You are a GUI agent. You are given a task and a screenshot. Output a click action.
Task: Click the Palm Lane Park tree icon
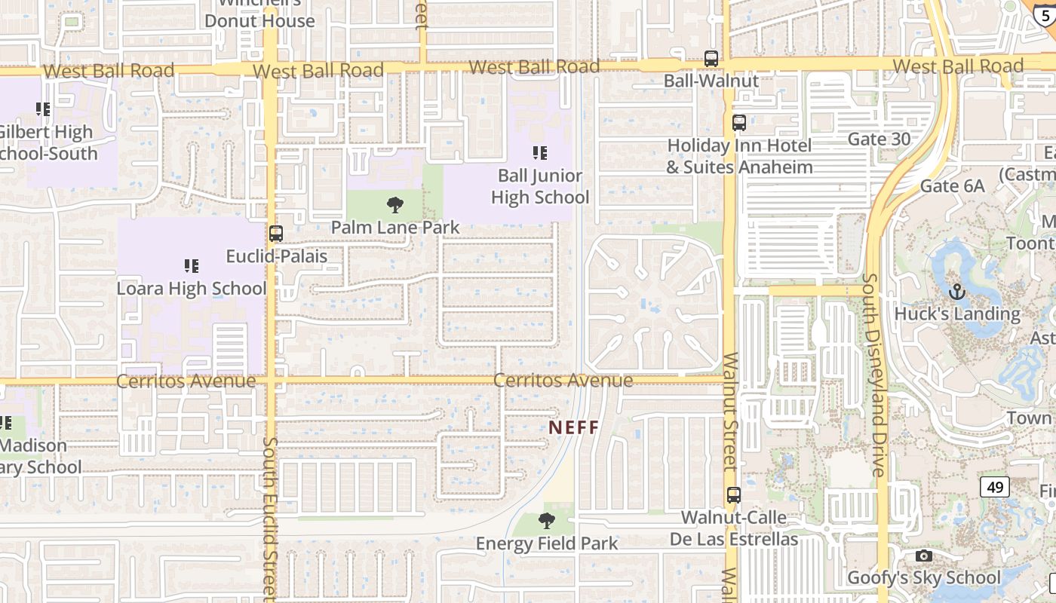pyautogui.click(x=394, y=204)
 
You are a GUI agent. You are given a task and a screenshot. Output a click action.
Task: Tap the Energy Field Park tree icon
pyautogui.click(x=547, y=521)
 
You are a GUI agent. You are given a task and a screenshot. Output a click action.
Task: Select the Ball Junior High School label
pyautogui.click(x=540, y=186)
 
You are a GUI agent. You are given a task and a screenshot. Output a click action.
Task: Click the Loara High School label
pyautogui.click(x=192, y=289)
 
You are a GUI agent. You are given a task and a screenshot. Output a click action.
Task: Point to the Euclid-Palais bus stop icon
pyautogui.click(x=276, y=234)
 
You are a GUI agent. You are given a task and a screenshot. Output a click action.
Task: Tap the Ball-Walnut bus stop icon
pyautogui.click(x=711, y=58)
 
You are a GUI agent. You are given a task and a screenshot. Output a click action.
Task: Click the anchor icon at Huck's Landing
pyautogui.click(x=956, y=291)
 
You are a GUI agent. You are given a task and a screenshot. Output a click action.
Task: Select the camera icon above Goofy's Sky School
pyautogui.click(x=924, y=556)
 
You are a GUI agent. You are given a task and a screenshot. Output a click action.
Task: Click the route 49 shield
pyautogui.click(x=995, y=487)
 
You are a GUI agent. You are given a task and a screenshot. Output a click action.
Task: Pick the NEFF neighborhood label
pyautogui.click(x=574, y=427)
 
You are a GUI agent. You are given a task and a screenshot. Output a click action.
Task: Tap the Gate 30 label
pyautogui.click(x=879, y=139)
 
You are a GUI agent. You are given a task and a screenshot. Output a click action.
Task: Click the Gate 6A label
pyautogui.click(x=952, y=185)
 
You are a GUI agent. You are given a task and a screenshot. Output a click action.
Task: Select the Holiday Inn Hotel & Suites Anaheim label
pyautogui.click(x=739, y=156)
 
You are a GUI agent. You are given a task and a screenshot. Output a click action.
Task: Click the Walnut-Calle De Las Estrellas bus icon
pyautogui.click(x=733, y=495)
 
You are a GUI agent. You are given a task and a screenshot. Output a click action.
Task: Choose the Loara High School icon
pyautogui.click(x=192, y=266)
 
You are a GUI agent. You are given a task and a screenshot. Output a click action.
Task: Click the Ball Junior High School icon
pyautogui.click(x=540, y=153)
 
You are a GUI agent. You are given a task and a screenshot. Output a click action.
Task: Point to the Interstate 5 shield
pyautogui.click(x=1044, y=14)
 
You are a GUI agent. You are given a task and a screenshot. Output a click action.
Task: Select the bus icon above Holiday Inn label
pyautogui.click(x=739, y=123)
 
